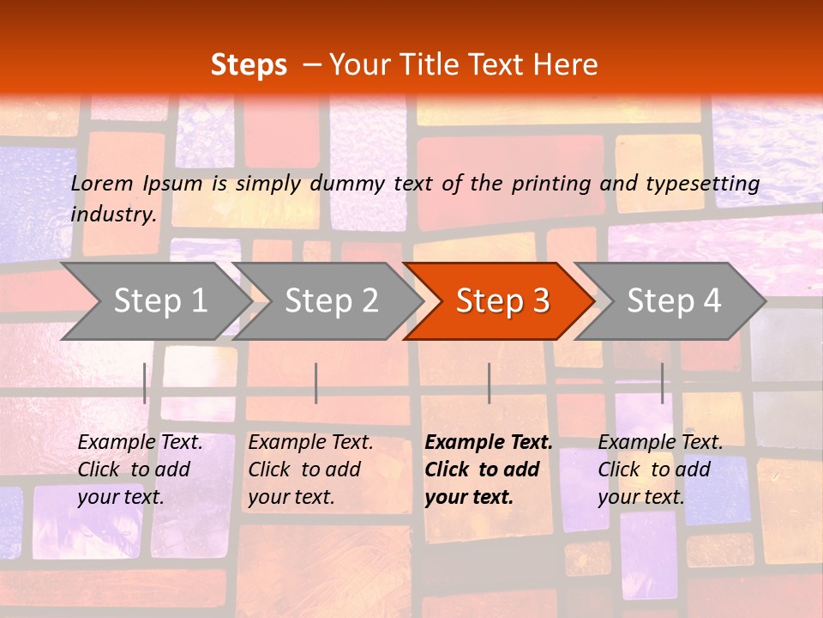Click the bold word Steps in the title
click(249, 65)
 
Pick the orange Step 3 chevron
click(502, 301)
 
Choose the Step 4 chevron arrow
click(674, 301)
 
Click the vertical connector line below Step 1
click(145, 383)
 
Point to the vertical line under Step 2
click(316, 383)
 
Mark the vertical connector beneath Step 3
click(489, 383)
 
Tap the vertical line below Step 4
click(662, 383)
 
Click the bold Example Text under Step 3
click(489, 443)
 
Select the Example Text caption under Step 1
click(140, 443)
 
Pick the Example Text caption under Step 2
click(310, 443)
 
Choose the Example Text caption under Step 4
click(660, 443)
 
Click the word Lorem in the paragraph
click(102, 183)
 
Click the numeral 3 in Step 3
click(539, 301)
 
